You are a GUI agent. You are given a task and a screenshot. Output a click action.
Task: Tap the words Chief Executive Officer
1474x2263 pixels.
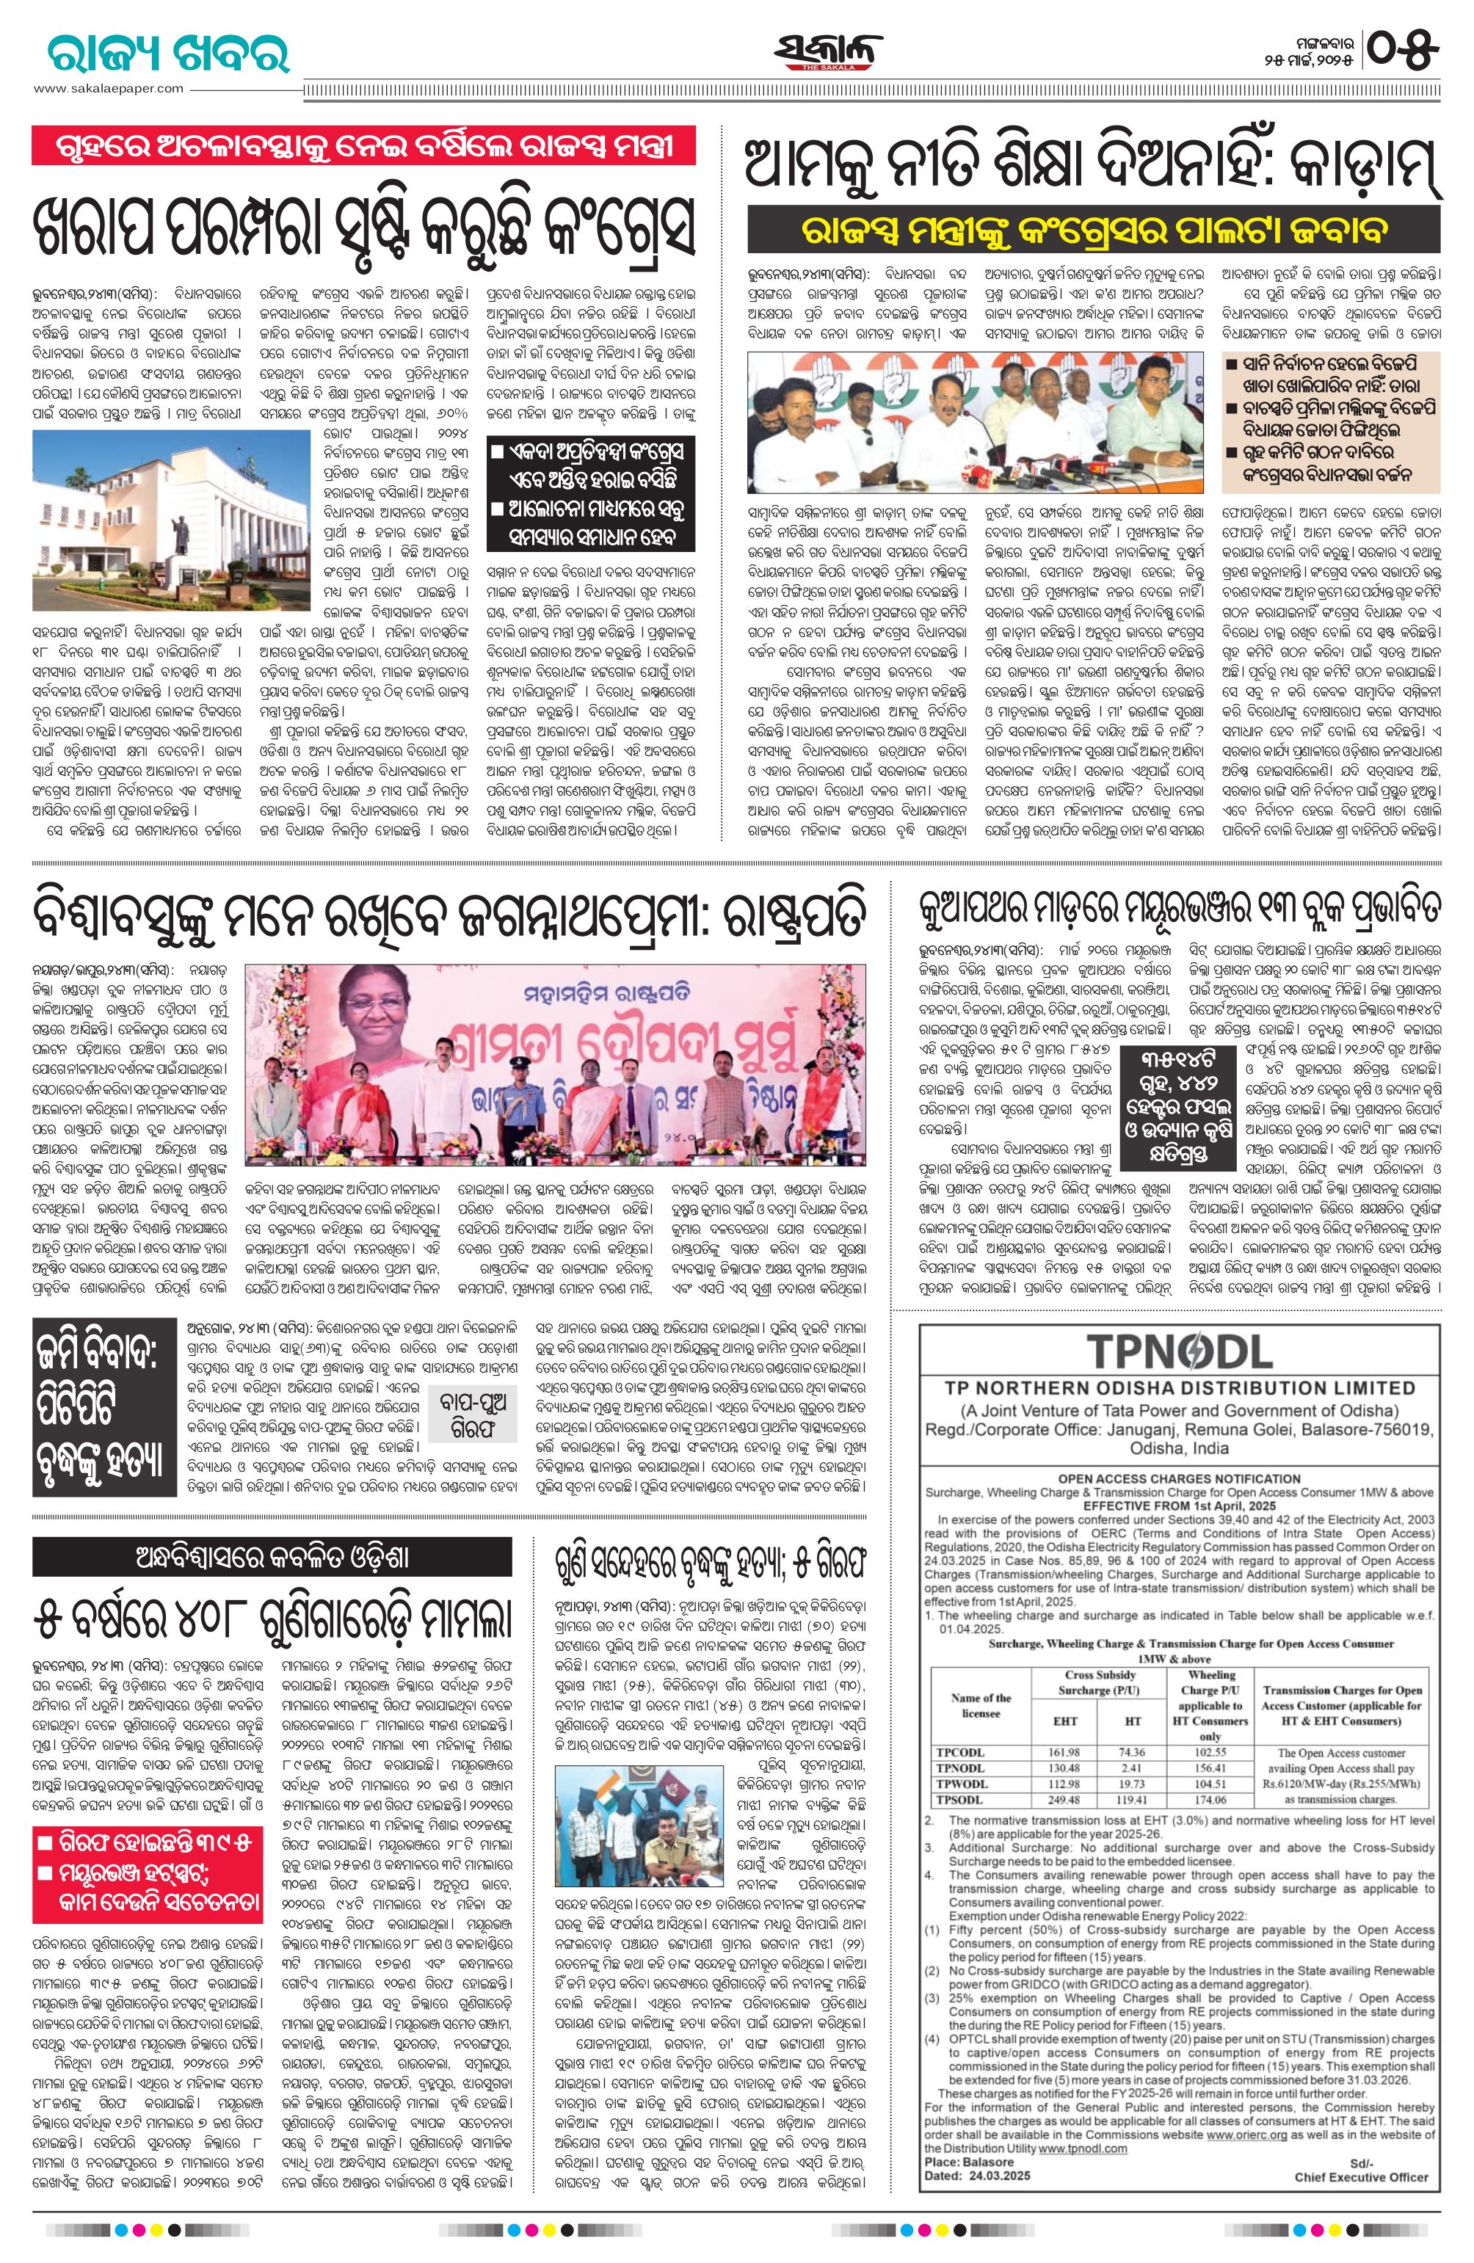(1361, 2150)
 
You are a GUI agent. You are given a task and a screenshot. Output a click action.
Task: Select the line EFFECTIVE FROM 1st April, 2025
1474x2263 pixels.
(1178, 1507)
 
